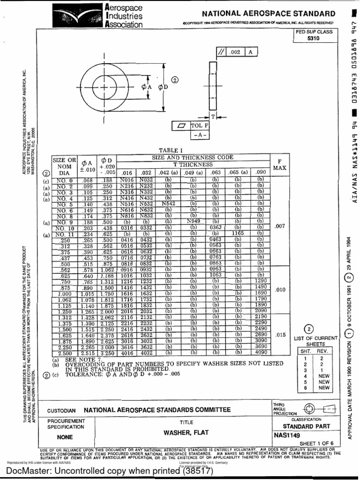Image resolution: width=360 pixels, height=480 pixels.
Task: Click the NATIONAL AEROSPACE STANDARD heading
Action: (x=268, y=14)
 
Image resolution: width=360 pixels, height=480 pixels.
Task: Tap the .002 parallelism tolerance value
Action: (x=236, y=52)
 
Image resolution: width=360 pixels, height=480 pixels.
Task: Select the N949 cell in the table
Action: (x=193, y=222)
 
